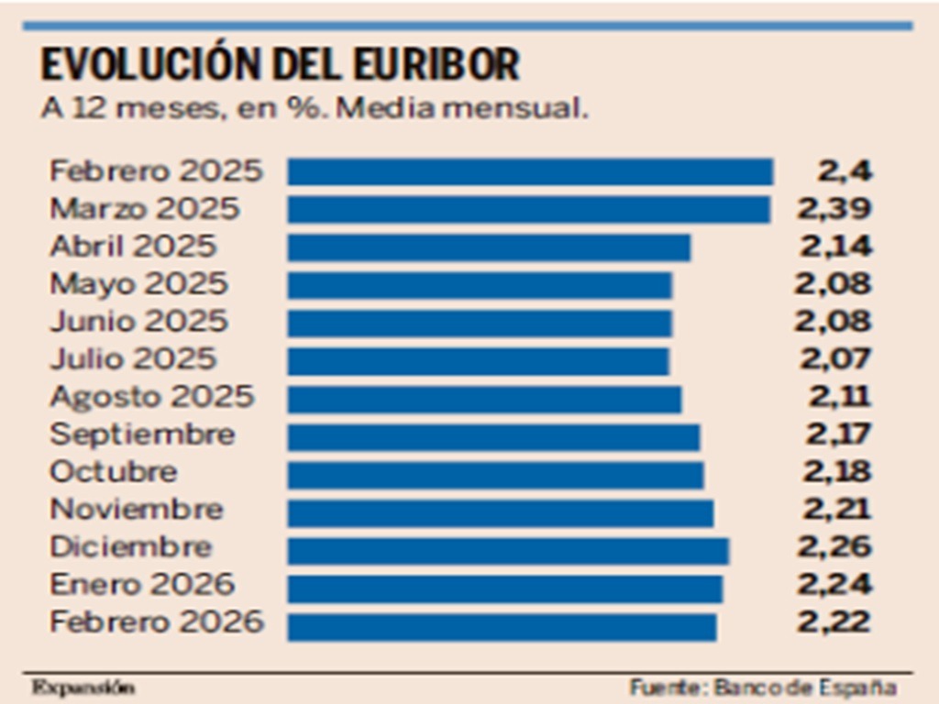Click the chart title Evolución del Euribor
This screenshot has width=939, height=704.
pos(280,65)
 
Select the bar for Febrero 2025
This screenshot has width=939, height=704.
pos(530,172)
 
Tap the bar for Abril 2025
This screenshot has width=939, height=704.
pos(489,247)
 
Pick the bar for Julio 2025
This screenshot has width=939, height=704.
pos(478,360)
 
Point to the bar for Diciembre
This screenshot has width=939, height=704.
pos(508,549)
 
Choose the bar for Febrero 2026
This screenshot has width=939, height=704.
pos(502,625)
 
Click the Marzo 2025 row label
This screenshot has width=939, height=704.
pos(144,209)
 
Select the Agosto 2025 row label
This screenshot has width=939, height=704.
pos(151,398)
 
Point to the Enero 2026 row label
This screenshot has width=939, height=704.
pos(142,585)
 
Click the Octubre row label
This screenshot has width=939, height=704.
pos(114,473)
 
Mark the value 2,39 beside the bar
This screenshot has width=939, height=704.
pos(834,209)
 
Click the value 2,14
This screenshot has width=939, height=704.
pos(834,247)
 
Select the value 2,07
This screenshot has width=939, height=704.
pos(834,359)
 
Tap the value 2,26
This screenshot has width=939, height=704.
pos(834,548)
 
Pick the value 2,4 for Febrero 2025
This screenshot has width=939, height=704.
pos(845,171)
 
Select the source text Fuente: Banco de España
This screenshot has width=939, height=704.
pos(762,687)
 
